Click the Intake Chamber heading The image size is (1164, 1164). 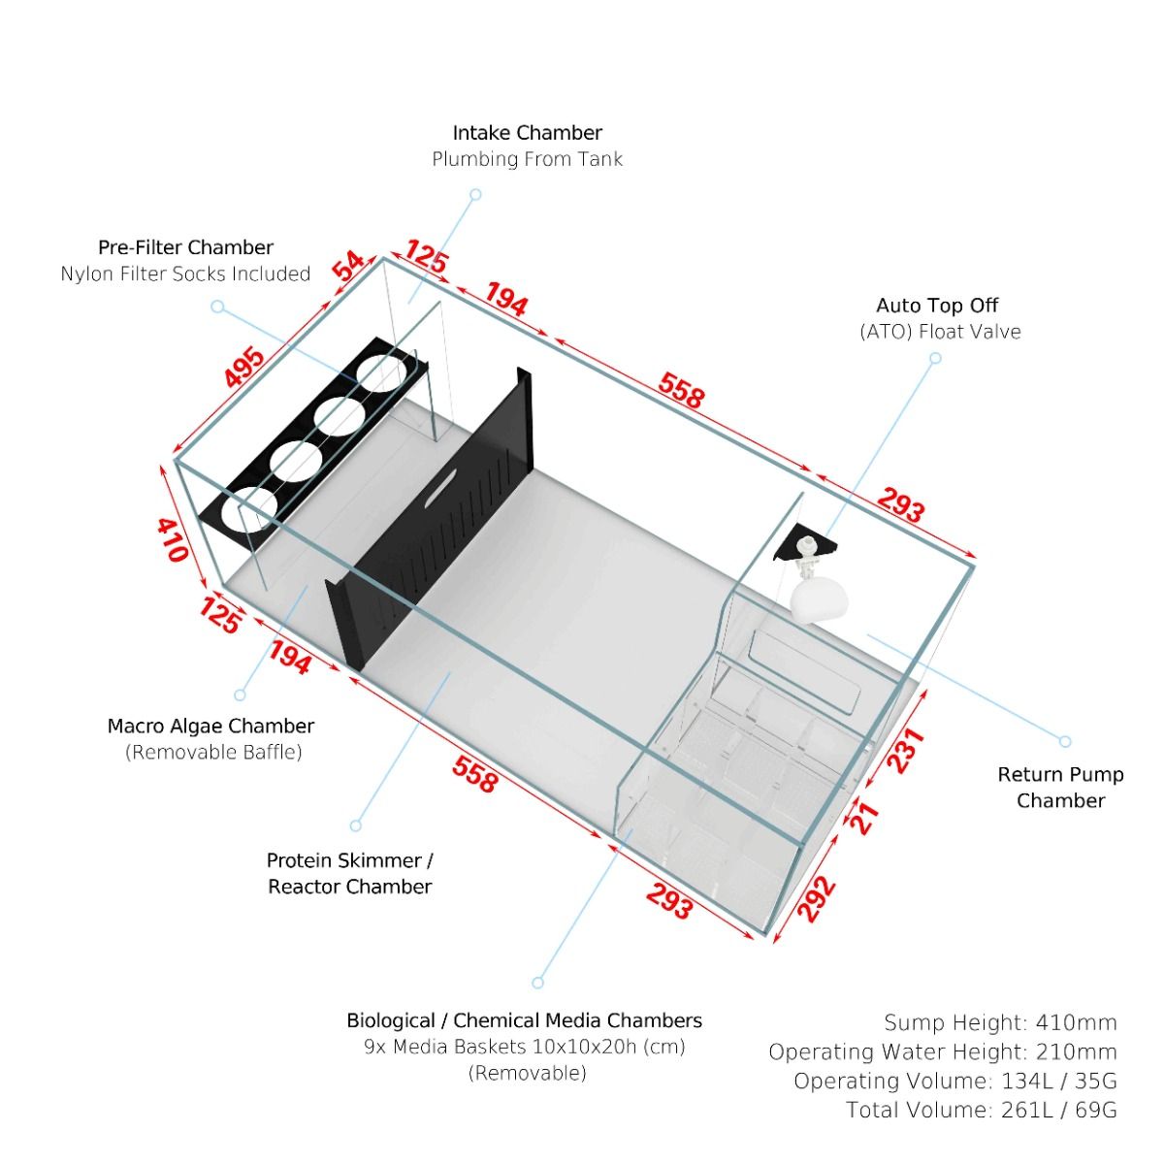527,133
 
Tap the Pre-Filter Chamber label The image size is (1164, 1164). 185,247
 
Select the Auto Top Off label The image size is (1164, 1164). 937,306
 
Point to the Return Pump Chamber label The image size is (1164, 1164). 1060,787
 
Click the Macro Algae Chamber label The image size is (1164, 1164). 210,726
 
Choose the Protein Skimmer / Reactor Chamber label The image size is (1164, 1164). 349,873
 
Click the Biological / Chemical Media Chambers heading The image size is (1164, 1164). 524,1020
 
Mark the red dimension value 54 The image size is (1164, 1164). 348,266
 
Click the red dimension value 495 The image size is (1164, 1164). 243,367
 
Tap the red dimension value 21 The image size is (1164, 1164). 864,817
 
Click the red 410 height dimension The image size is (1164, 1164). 172,539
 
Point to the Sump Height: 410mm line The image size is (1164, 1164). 1000,1022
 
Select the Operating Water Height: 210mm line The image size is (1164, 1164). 942,1051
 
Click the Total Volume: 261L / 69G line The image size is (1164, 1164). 981,1110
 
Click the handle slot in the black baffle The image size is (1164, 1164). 442,486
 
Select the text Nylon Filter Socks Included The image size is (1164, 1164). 185,274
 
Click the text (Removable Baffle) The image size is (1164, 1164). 213,752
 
